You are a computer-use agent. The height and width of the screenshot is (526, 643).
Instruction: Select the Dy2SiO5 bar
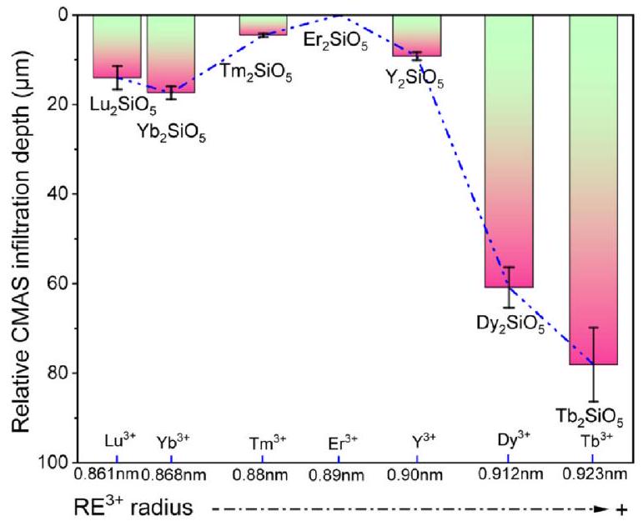coord(508,150)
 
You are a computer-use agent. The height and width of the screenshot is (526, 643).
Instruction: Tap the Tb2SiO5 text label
coord(590,414)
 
